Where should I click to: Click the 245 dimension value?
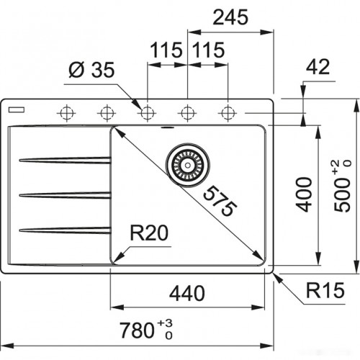[x=230, y=16]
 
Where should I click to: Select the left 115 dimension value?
[x=167, y=51]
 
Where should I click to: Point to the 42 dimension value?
[x=317, y=67]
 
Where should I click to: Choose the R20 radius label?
[x=148, y=233]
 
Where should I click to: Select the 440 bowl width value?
[x=189, y=293]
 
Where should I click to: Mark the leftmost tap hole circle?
[x=66, y=112]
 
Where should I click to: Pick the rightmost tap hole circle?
[x=228, y=112]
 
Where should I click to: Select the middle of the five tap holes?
[x=147, y=112]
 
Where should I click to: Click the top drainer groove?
[x=65, y=160]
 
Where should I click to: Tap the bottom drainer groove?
[x=65, y=230]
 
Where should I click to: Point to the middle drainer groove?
[x=65, y=194]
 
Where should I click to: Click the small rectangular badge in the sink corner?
[x=16, y=112]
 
